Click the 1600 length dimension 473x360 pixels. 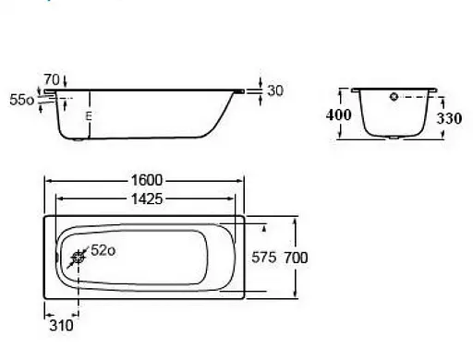click(147, 180)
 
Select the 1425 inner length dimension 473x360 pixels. click(147, 199)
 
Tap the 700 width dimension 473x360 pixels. click(296, 258)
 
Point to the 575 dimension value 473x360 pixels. click(264, 258)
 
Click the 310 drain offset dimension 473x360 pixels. click(61, 325)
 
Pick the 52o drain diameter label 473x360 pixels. click(103, 250)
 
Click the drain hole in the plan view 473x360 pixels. click(78, 258)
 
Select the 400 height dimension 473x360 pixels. click(338, 115)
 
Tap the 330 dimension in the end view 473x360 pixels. click(449, 118)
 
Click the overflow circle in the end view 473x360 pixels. click(394, 97)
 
